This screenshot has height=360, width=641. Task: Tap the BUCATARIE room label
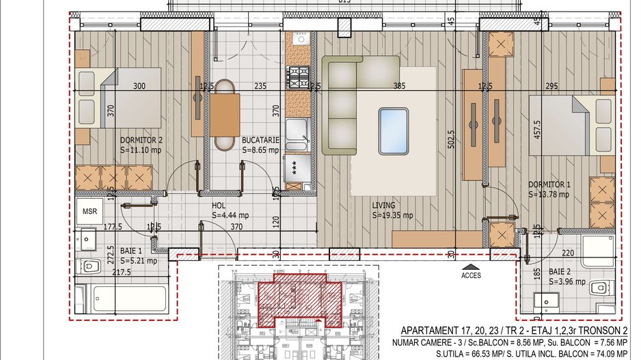coord(260,140)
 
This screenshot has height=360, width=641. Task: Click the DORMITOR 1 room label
coord(549,184)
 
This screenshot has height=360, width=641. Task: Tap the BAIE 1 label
coord(133,251)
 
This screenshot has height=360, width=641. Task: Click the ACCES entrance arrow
coord(471,268)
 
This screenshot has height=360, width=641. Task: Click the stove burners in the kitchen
coord(298,78)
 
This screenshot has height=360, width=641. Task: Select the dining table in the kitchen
coord(225,115)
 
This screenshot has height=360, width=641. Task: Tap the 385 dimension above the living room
coord(399,86)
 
